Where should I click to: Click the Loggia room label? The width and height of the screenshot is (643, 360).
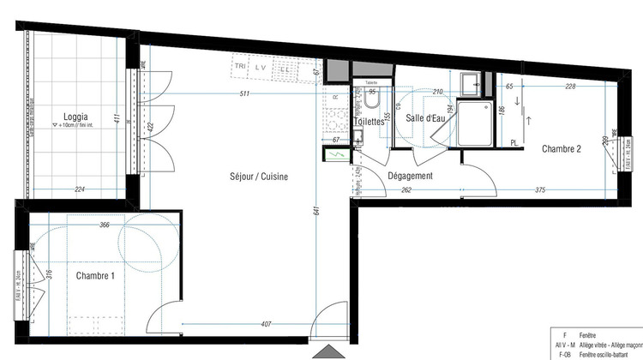pos(77,118)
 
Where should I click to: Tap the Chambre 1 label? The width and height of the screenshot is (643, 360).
pos(95,276)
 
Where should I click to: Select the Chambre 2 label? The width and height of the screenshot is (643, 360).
pos(562,149)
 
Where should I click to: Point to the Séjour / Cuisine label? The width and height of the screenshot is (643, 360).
pos(259,177)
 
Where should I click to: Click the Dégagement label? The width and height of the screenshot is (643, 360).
pos(410,176)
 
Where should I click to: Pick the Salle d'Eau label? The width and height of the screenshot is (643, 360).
pos(426,120)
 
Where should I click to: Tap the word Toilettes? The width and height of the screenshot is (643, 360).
pos(370,122)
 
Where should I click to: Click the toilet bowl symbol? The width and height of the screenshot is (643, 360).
pos(371,102)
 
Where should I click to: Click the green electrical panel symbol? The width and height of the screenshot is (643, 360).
pos(336,155)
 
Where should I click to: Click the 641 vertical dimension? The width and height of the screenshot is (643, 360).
pos(316,205)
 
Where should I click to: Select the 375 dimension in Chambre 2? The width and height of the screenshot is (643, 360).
pos(540,190)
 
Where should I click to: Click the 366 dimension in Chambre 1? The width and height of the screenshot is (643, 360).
pos(104,225)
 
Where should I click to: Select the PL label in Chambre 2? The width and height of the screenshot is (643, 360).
pos(514,143)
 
